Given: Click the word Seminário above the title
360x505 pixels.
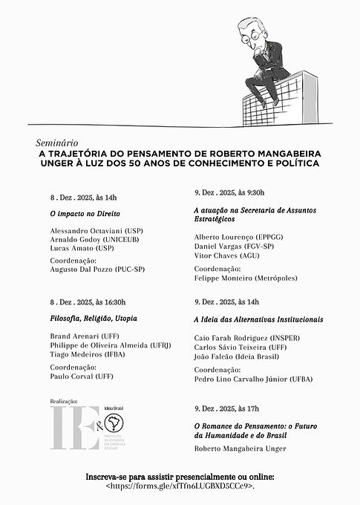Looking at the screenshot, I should pos(56,140).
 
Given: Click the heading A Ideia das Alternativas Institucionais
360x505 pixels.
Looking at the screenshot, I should pos(258,319).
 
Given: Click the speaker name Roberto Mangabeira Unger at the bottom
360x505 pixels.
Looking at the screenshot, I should pos(239,449).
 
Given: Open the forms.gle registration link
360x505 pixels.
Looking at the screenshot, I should pos(180,486).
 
